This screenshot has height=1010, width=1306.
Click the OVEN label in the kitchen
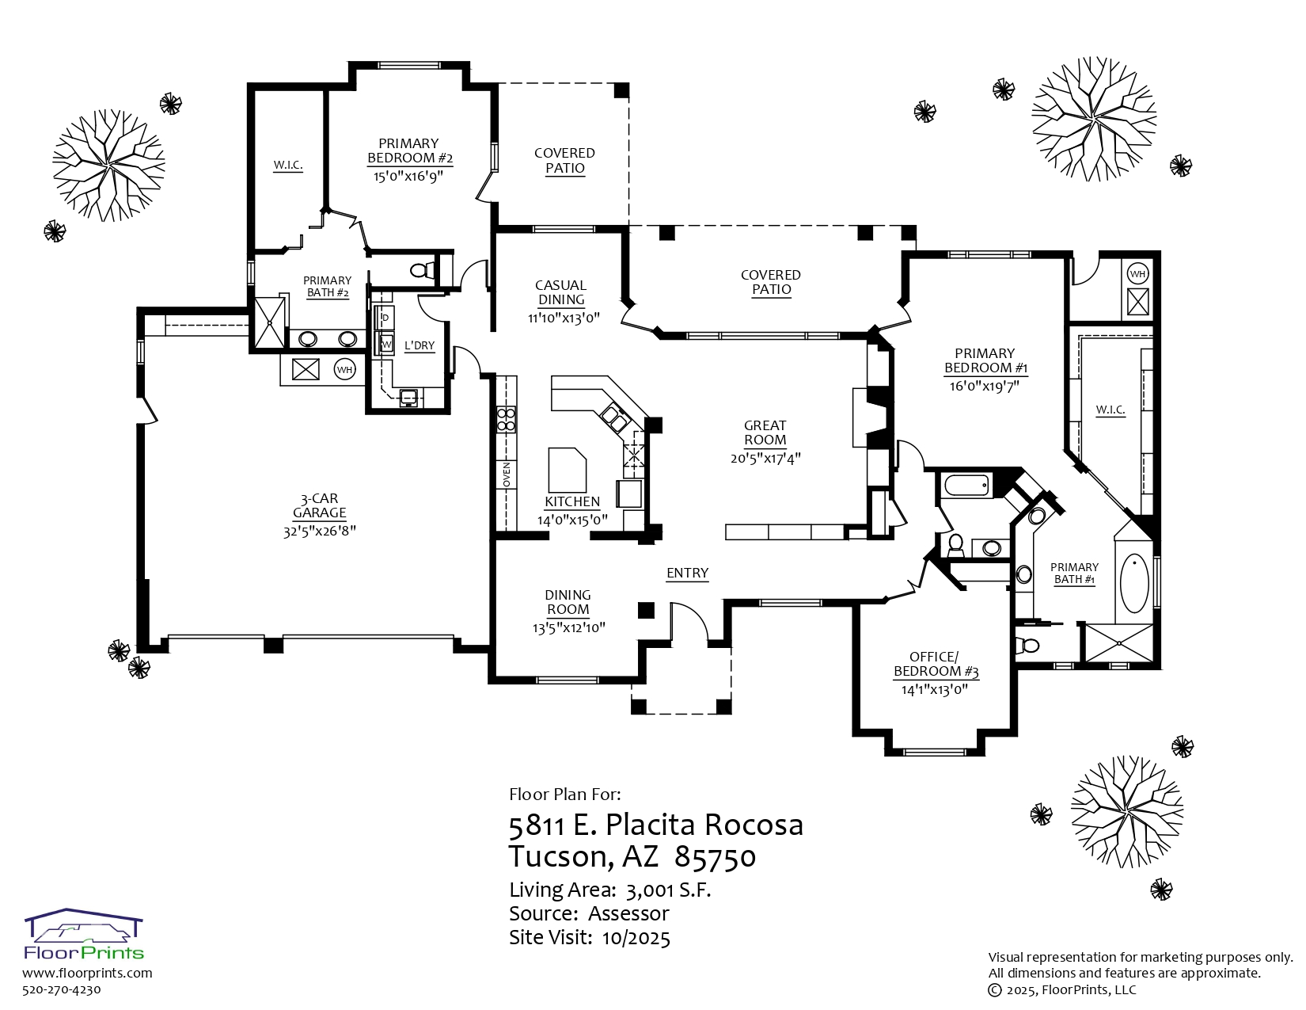[x=506, y=474]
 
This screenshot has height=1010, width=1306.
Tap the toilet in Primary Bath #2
[x=423, y=270]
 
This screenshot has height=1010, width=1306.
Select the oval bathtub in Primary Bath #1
[x=1134, y=583]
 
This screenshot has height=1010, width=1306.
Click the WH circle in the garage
[x=344, y=369]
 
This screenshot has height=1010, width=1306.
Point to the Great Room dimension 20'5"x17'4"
[x=765, y=459]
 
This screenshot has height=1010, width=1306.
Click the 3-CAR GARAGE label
[x=319, y=505]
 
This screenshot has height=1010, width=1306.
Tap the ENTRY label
[x=687, y=574]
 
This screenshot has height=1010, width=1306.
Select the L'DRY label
[x=419, y=345]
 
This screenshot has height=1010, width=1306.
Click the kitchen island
[x=567, y=470]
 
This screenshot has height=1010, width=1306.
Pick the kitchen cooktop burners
[x=506, y=419]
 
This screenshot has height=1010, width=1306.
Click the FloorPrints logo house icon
[x=83, y=925]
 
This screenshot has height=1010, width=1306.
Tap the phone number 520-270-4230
[x=61, y=989]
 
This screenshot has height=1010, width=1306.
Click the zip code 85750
[x=716, y=857]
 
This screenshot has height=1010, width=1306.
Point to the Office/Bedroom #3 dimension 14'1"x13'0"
[x=934, y=689]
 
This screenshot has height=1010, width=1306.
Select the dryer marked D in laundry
[x=385, y=318]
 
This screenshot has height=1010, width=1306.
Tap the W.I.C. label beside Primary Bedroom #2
[x=288, y=165]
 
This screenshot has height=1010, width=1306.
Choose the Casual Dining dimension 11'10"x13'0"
[x=564, y=318]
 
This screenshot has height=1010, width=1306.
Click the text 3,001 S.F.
[x=668, y=890]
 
